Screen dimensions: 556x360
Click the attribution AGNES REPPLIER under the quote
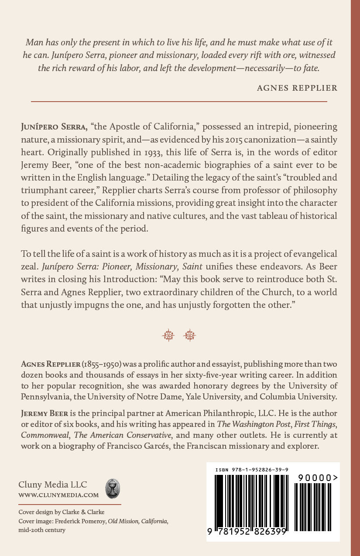297,88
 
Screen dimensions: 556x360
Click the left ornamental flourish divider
168,335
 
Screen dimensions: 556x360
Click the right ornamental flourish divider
190,335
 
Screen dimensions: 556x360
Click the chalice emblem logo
113,489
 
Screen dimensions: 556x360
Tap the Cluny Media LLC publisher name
53,485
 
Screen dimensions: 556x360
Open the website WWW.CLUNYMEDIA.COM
58,495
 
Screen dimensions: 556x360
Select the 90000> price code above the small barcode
318,478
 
